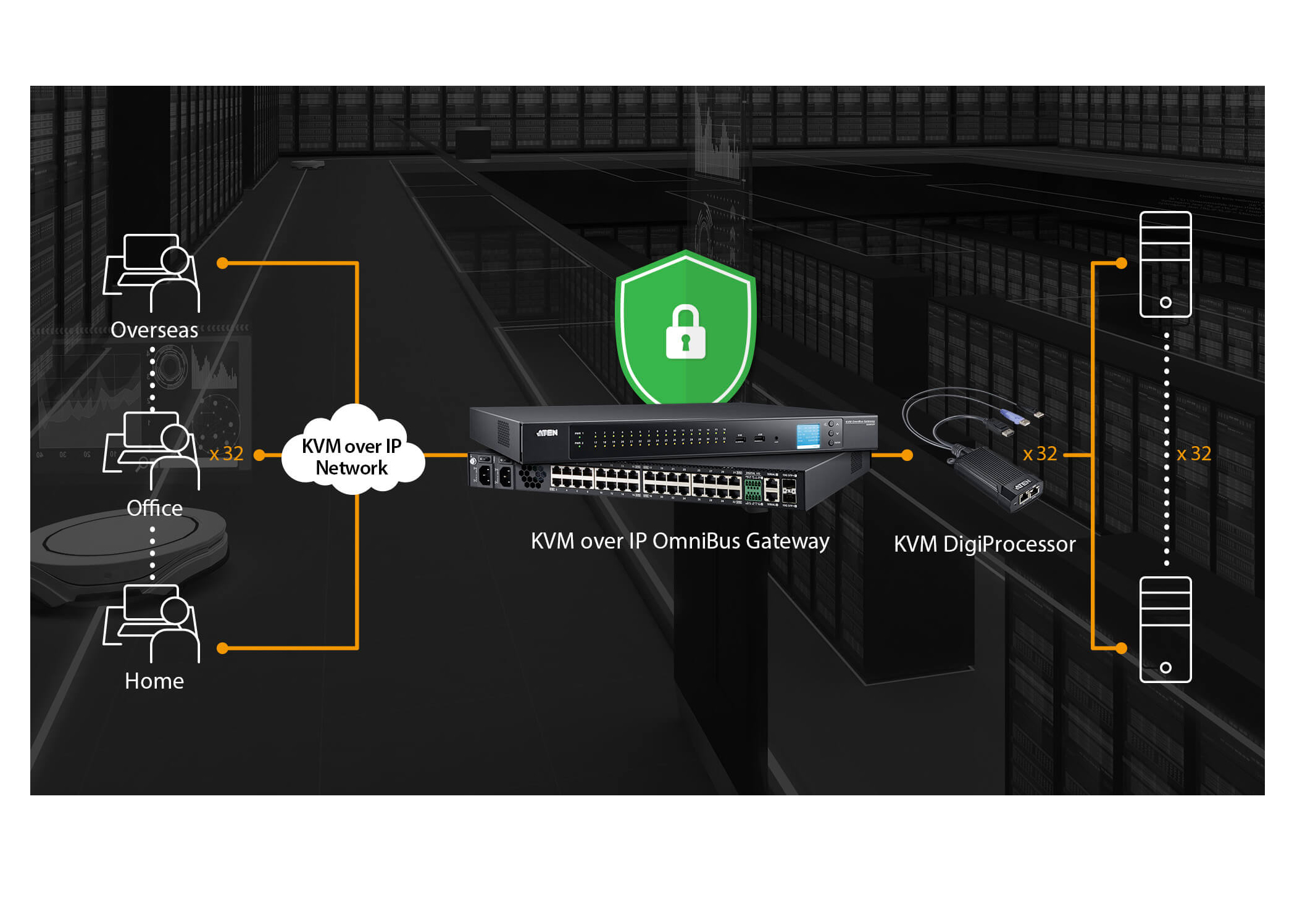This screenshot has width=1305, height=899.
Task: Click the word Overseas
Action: (154, 330)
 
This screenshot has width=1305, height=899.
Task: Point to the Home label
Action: (154, 681)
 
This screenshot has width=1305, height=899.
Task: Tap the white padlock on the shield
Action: (685, 333)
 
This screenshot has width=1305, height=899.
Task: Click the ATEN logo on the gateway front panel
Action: (547, 433)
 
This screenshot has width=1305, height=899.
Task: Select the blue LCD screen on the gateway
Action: (808, 435)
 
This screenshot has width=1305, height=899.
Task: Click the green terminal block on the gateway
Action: (753, 490)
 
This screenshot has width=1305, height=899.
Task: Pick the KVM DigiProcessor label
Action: (985, 544)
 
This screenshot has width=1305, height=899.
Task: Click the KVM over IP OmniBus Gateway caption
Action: (680, 541)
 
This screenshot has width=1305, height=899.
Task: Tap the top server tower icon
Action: (1165, 264)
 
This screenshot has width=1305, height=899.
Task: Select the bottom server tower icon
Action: (1165, 629)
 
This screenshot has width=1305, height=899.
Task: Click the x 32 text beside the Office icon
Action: (227, 454)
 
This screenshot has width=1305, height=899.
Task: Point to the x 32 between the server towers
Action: (1194, 454)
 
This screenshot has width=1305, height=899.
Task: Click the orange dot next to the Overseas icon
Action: (223, 263)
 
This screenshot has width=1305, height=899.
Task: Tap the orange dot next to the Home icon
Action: (223, 648)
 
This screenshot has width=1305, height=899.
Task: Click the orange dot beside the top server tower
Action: (1122, 263)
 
